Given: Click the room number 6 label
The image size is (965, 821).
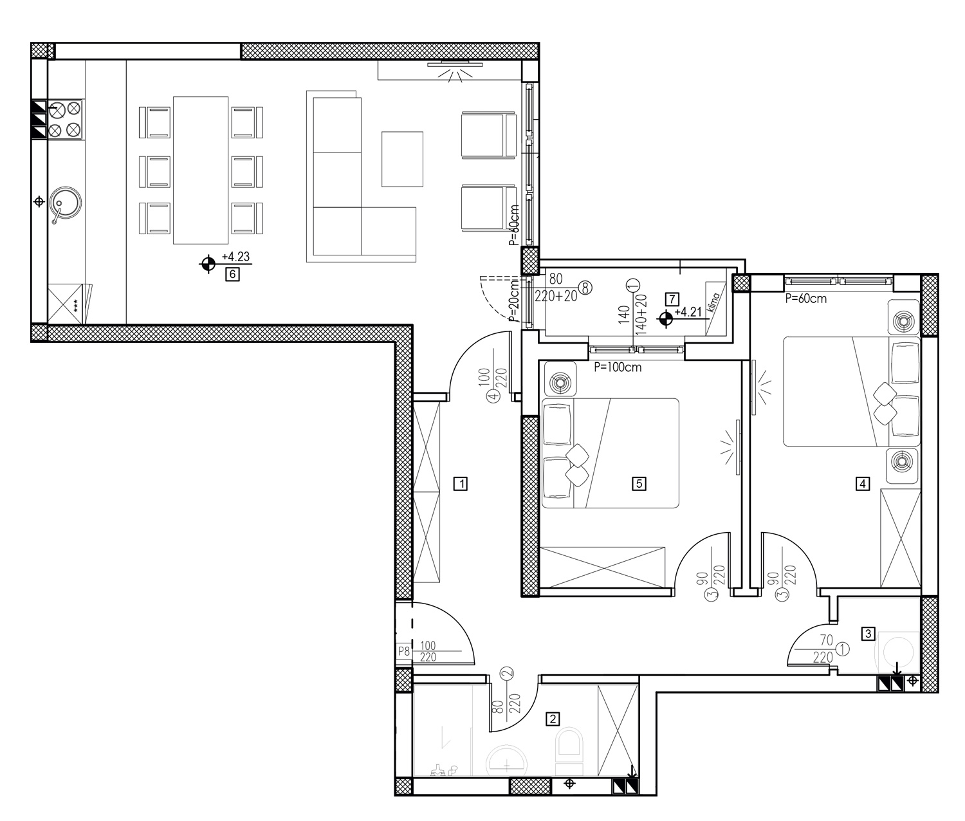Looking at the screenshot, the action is pos(232,274).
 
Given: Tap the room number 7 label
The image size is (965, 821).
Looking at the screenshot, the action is pos(672,299).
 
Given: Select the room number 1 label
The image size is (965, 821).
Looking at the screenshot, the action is pos(461,483).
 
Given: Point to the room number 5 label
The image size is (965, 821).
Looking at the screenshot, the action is pos(639,483).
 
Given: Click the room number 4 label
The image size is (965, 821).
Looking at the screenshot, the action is pos(862,483).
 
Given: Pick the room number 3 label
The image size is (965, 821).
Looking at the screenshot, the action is pos(868,634).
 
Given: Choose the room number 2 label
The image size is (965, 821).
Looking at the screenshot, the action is pos(553,718).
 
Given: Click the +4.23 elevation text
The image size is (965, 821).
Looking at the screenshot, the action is pos(235,256).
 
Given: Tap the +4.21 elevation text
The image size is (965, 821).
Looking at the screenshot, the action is pos(688,311).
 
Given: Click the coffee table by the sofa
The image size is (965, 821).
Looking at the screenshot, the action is pos(402,160).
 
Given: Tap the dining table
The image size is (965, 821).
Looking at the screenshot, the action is pos(201,171).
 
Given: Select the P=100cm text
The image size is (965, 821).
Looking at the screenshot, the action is pos(618,367).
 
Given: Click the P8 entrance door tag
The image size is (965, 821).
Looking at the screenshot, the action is pos(404,651).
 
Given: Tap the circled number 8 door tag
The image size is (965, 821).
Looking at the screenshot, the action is pos(585,288).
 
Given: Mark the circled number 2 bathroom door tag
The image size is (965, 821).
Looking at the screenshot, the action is pos(507,674).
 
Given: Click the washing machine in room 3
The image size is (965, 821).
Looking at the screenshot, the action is pos(899,652).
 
